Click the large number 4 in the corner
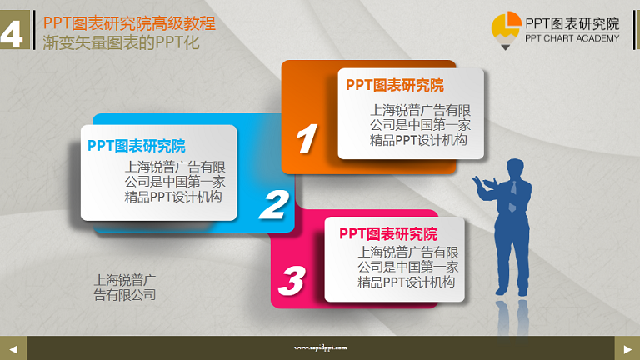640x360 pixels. (x=12, y=33)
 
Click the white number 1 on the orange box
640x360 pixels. (x=307, y=138)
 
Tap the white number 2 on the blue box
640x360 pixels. (x=274, y=205)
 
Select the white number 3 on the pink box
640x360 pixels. (x=292, y=280)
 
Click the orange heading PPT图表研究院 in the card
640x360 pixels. (x=395, y=85)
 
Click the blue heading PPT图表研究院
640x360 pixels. (x=137, y=146)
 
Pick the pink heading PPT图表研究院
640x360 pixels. (x=388, y=234)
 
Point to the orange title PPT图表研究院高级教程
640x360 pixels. (x=129, y=23)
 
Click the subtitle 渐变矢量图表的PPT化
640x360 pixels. (x=121, y=42)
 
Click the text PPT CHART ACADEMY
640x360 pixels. (x=572, y=38)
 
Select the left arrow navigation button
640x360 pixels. (x=13, y=348)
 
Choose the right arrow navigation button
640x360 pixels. (x=627, y=348)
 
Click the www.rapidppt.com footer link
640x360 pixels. (x=320, y=347)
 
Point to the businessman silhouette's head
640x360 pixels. (x=515, y=168)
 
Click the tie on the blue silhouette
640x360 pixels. (x=512, y=197)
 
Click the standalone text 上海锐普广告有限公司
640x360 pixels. (x=125, y=287)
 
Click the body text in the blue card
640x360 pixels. (x=175, y=182)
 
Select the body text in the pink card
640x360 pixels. (x=408, y=267)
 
